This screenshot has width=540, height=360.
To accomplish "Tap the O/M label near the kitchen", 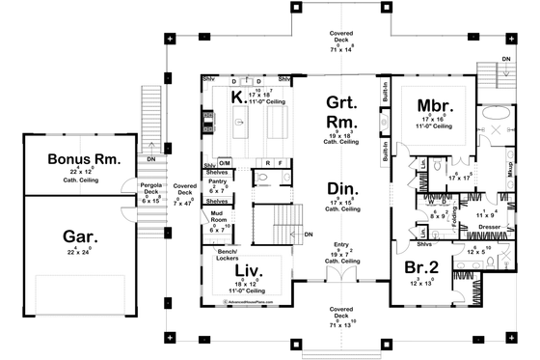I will (224, 163).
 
